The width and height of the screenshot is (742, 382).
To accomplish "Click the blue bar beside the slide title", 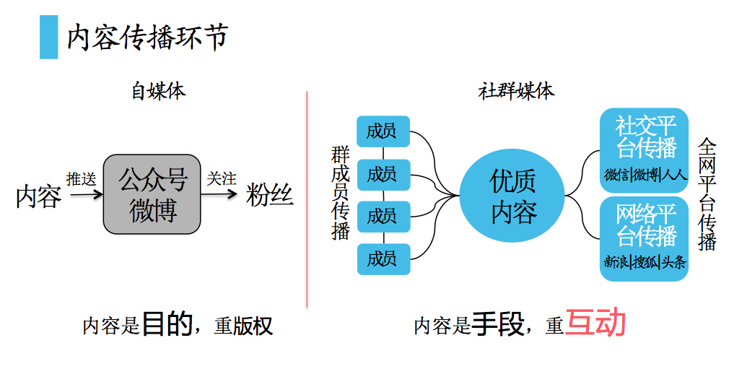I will coord(48,38).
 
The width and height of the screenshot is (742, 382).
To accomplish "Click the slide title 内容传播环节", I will coord(147,38).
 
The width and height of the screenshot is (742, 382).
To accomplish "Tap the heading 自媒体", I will coord(158,91).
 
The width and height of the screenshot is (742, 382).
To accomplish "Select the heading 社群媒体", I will coord(516,91).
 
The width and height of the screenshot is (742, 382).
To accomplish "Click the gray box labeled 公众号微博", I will coord(152,194).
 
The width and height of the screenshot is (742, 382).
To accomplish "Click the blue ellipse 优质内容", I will coord(513,195).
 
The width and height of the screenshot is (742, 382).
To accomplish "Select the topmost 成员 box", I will coord(383,132).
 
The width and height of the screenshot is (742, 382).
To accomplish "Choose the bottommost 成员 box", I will coord(383,259).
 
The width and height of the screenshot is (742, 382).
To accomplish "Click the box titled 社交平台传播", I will coord(644,150).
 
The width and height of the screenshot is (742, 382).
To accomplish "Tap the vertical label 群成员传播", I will coord(340,193).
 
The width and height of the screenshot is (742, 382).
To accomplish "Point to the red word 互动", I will coord(595,324).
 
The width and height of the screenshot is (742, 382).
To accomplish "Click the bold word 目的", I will coord(166,325).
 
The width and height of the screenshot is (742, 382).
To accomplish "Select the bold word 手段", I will coord(497,325).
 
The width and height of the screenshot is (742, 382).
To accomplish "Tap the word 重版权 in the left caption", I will coord(244,326).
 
